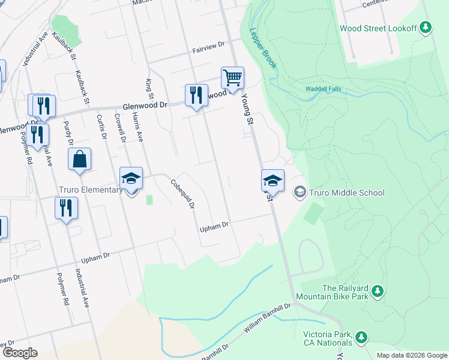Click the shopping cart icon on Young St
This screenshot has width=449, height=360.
tap(232, 77)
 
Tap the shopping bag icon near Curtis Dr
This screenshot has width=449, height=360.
tap(79, 160)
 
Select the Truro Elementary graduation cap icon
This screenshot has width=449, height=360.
tap(131, 178)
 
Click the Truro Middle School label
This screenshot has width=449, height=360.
tap(346, 193)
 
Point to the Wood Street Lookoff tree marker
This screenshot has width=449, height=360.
tap(426, 27)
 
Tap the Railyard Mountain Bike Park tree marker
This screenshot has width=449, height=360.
tap(377, 292)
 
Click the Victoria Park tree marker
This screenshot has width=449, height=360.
tap(361, 337)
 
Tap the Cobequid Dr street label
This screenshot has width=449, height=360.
tap(183, 194)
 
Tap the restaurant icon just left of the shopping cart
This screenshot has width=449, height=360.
tap(196, 95)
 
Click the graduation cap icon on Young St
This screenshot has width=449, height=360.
tap(272, 180)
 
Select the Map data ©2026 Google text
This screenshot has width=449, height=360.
tap(412, 355)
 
